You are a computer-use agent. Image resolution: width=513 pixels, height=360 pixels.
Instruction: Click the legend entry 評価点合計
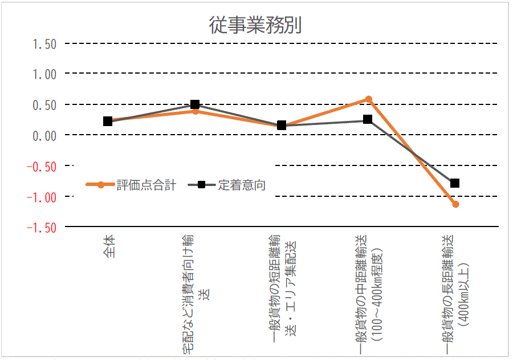tap(146, 185)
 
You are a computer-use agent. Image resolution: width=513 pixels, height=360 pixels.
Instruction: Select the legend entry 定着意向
tap(241, 185)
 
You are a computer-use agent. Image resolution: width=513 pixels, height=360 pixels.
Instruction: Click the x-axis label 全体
tap(109, 246)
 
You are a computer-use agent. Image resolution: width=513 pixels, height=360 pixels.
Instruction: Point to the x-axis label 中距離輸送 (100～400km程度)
tap(370, 294)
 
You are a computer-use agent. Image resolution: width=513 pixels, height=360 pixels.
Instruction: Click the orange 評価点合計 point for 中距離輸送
tap(369, 99)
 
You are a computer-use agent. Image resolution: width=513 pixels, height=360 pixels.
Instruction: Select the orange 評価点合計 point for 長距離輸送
tap(455, 204)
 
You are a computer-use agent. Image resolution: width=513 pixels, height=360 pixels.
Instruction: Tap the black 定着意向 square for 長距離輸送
tap(455, 183)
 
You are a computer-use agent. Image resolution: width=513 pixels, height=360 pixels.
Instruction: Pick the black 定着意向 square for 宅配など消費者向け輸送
tap(195, 104)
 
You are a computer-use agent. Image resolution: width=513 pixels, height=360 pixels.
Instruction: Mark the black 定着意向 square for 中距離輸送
tap(368, 120)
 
